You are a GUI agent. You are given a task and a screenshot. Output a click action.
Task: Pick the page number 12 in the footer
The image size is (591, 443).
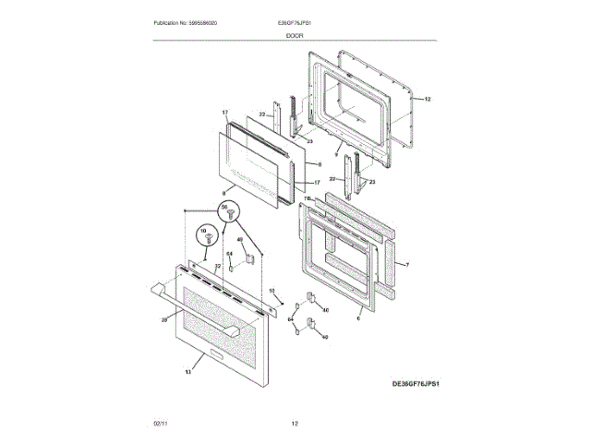point(295,423)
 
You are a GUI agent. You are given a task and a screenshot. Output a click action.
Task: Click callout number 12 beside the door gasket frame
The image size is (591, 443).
point(428,98)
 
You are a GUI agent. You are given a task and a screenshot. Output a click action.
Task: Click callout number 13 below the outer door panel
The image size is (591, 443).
point(187,371)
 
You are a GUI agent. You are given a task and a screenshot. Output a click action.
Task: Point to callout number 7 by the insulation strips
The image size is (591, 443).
point(407,265)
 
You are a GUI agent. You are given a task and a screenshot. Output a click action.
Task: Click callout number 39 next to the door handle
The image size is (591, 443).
point(164,319)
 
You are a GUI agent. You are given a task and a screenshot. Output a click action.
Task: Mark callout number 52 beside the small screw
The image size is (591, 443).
point(271,291)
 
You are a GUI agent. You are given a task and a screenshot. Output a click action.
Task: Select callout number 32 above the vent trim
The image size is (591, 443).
point(218,267)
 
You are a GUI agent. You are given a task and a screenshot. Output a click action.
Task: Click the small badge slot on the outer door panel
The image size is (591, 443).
point(213,354)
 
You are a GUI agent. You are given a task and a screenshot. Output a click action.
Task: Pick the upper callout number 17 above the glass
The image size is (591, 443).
point(224,113)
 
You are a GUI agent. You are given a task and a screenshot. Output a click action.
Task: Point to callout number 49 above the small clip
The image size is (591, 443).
point(240,240)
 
